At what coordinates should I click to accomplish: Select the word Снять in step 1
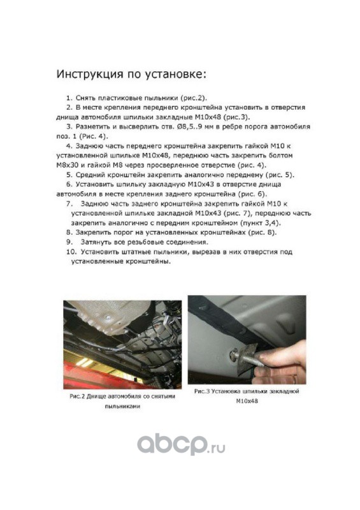click(85, 98)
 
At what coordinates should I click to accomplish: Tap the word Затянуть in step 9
click(96, 242)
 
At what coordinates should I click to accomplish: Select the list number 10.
click(71, 252)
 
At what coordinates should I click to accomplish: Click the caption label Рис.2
click(77, 397)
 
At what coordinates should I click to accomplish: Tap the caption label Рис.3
click(201, 391)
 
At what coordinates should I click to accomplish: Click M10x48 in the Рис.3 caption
click(247, 401)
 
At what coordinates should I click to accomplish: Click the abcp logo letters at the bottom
click(172, 444)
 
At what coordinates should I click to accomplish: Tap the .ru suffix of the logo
click(216, 449)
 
